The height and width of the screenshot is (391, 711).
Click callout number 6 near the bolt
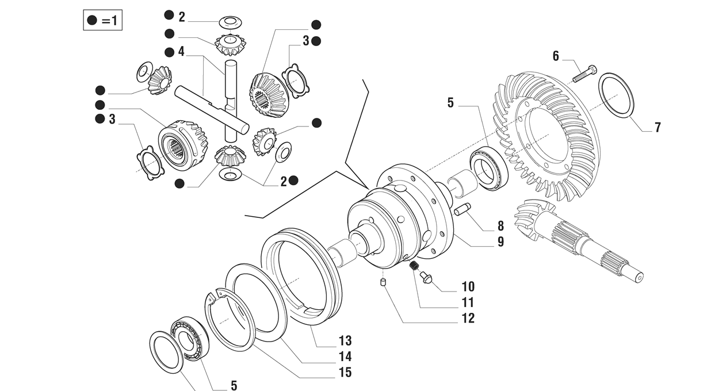(556, 56)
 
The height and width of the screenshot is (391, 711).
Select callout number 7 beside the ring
(657, 127)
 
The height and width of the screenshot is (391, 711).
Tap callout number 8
(500, 227)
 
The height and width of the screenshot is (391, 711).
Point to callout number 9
(500, 242)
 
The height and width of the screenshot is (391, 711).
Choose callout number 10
(468, 286)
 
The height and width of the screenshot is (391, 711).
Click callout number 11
(468, 302)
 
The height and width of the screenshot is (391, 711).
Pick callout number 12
(468, 318)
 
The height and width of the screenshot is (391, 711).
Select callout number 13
(345, 341)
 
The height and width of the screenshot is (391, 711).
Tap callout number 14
(345, 356)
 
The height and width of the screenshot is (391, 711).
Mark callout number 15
(345, 372)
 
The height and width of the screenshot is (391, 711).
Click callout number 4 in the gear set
(181, 52)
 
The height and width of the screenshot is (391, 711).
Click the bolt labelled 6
(584, 73)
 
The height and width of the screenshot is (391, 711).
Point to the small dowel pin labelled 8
(463, 210)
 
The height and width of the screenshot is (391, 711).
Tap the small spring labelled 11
(413, 265)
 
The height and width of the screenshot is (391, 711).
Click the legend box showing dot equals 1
(103, 21)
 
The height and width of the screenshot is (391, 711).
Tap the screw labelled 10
(426, 277)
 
